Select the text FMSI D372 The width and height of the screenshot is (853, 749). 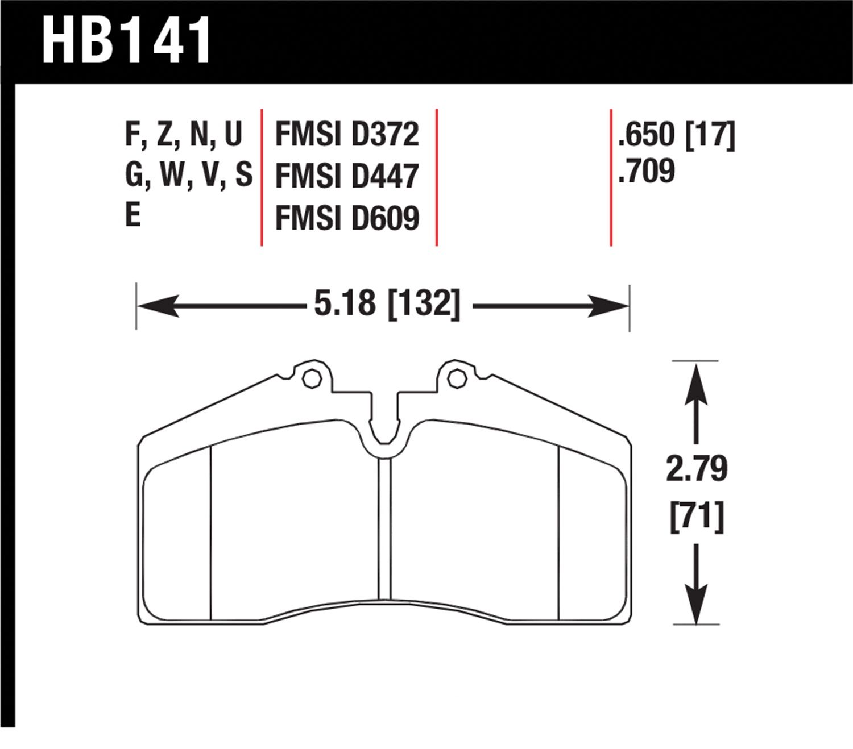pos(347,134)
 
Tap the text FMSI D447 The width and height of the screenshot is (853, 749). pos(347,176)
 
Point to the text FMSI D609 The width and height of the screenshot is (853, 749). pos(347,218)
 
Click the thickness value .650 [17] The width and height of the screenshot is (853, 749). pos(677,135)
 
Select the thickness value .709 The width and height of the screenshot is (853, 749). pos(646,170)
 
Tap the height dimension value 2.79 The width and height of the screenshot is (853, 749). pos(697,468)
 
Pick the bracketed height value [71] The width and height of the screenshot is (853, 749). pos(697,517)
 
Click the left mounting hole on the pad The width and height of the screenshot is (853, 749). pos(312,379)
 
